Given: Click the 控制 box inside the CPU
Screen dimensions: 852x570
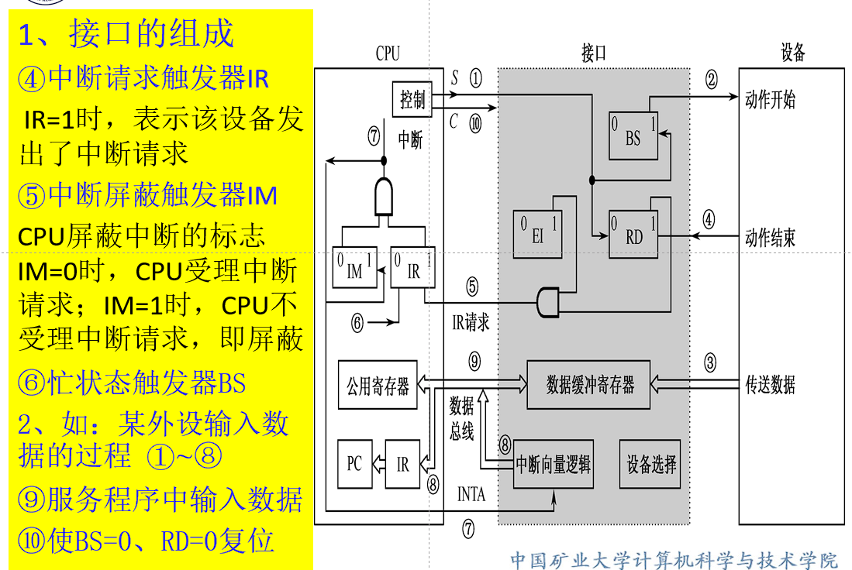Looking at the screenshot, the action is coord(412,99).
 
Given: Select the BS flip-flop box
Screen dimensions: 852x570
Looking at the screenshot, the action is coord(633,136).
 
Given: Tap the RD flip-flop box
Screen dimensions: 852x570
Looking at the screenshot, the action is coord(633,235).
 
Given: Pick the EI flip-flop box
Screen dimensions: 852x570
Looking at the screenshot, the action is coord(537,234).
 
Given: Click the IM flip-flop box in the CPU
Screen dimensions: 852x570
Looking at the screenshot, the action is coord(354,267).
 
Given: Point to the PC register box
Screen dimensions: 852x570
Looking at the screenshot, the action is coord(355,464).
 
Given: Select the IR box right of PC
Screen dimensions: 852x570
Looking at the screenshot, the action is coord(402,464).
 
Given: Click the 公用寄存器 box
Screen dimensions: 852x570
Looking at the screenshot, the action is coord(378,385).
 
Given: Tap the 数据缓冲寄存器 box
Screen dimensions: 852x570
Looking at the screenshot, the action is coord(588,385).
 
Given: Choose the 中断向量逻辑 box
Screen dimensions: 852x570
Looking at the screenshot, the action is coord(554,464).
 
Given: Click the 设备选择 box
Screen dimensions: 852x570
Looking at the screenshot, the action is coord(650,464).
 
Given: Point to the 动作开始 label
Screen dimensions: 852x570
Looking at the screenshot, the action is coord(770,99).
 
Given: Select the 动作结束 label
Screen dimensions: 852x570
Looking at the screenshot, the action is coord(770,237).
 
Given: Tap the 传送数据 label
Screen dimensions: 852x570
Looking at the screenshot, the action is coord(770,385).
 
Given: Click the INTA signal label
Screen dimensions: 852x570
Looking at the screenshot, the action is coord(471,494).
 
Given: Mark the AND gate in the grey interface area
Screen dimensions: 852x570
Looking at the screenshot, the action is coord(547,302).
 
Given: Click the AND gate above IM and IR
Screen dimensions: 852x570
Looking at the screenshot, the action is coord(384,197).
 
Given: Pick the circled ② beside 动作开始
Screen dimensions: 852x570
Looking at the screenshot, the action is coord(711,80).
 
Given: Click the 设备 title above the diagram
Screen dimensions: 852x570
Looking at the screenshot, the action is coord(793,52).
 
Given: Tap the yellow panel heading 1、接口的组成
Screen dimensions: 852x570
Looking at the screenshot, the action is coord(126,33).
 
